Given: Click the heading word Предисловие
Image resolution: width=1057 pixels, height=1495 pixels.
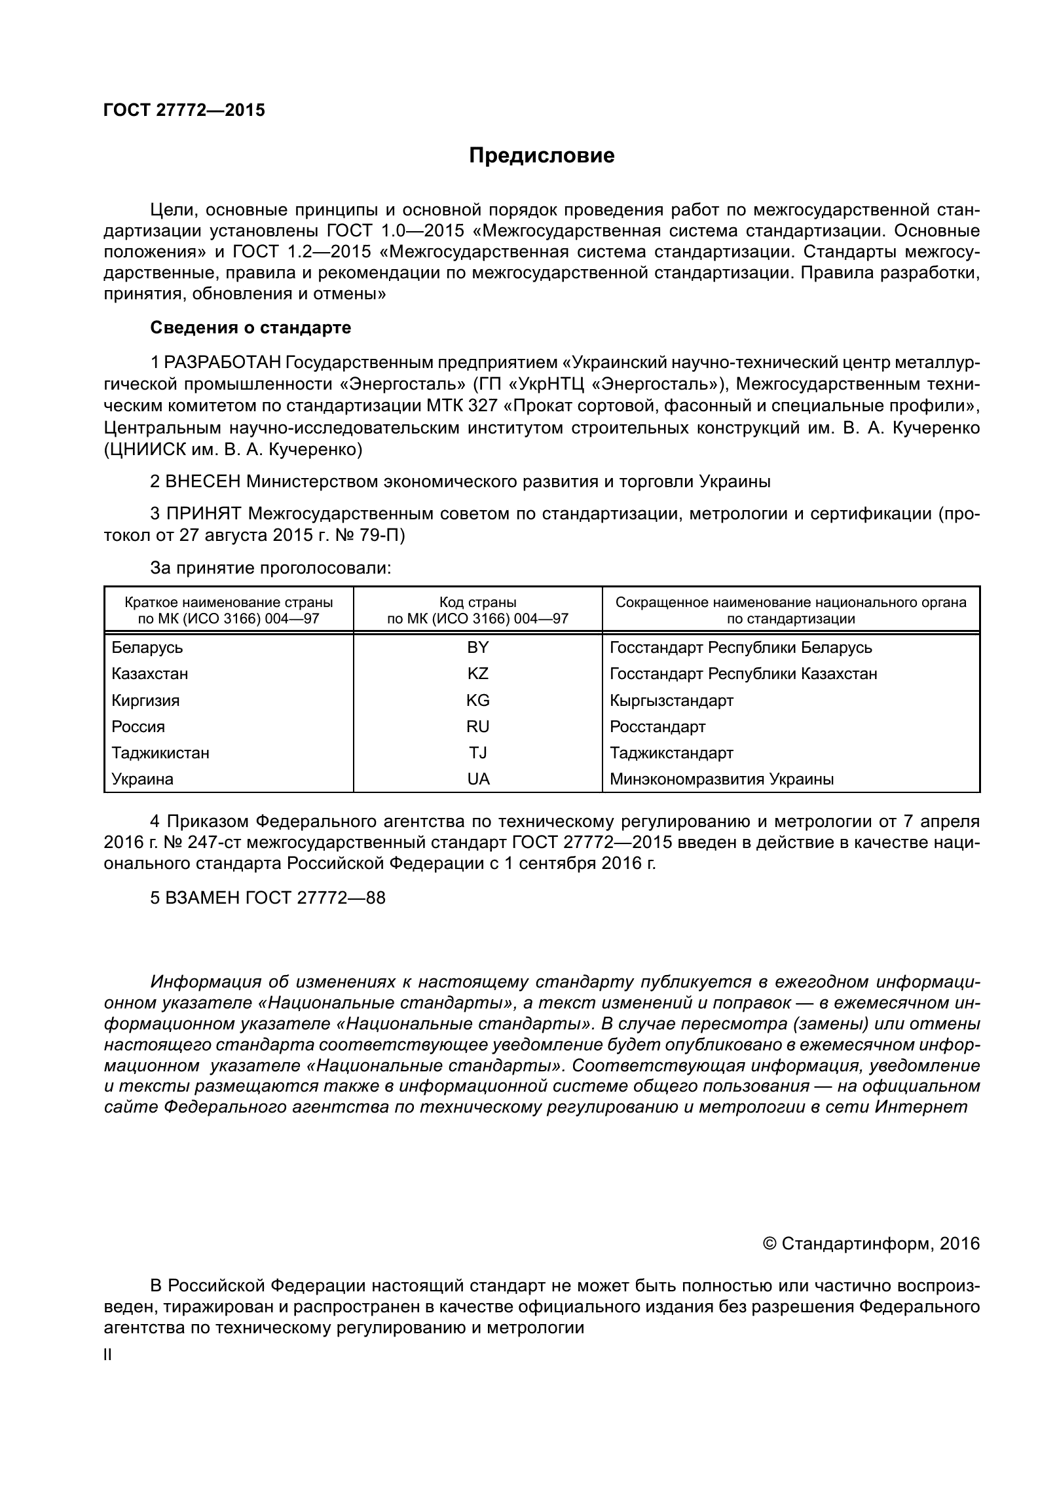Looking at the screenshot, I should point(542,156).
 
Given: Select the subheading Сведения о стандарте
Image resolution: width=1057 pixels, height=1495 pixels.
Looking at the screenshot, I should point(250,327).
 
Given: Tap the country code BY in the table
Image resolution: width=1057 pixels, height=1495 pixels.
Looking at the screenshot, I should point(477,648).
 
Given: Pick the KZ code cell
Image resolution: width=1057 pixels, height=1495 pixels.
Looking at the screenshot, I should point(477,674).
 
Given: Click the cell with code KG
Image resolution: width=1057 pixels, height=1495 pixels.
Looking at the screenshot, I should point(477,700).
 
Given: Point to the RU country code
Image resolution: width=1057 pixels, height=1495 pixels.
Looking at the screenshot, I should point(477,726).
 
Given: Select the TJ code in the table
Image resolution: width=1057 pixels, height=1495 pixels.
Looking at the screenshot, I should point(477,752).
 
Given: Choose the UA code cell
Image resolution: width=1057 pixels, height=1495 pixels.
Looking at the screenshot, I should point(477,779).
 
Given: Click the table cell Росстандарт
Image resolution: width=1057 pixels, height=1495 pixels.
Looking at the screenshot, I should point(657,726).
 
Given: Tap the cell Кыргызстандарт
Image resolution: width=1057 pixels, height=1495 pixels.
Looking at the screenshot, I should point(671,700).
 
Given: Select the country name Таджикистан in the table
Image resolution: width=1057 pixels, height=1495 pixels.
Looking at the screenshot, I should point(160,752).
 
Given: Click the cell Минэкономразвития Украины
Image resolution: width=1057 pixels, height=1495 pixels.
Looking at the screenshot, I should point(721,779).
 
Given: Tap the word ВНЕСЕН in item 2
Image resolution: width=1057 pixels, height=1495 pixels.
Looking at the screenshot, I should point(202,481).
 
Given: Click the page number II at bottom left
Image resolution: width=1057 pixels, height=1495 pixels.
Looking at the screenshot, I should point(108,1355).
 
